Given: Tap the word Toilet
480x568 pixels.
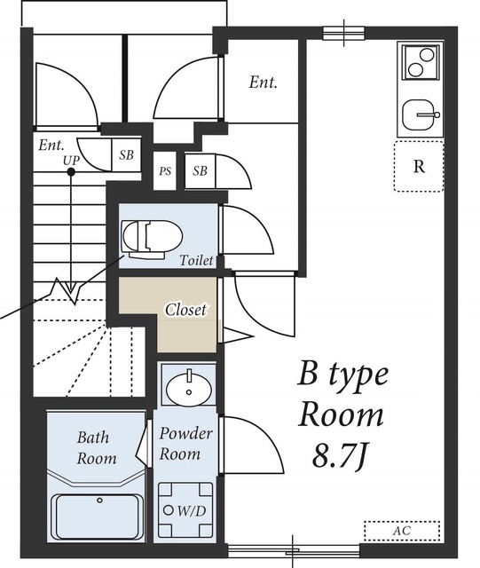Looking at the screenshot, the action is (x=197, y=260).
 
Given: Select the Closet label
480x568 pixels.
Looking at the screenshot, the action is (x=185, y=310).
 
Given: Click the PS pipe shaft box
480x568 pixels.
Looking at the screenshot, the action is (x=165, y=170).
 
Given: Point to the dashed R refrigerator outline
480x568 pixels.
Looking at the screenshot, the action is (x=419, y=166).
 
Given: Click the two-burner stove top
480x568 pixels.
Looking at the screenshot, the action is (x=421, y=61).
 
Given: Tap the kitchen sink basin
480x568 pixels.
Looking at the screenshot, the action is (x=420, y=115).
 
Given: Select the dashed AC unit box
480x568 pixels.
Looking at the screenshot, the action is (x=402, y=531).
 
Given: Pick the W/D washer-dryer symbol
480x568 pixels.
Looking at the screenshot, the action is (x=185, y=510).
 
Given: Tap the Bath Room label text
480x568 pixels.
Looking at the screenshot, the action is (x=97, y=447).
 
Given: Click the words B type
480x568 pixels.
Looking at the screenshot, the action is (x=342, y=375).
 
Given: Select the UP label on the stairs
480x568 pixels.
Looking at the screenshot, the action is (x=71, y=160).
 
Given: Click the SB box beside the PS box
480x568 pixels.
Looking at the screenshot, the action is (x=200, y=170).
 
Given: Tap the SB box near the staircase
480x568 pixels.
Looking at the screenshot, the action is (x=126, y=154).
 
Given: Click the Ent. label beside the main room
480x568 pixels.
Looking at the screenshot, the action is (x=263, y=83).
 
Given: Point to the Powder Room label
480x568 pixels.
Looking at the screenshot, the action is (x=185, y=444).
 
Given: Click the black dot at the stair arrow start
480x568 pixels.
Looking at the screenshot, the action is (x=71, y=172).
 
